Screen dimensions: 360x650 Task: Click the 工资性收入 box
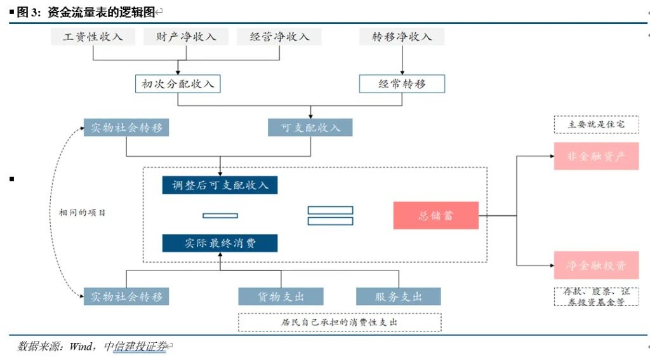[x=93, y=37]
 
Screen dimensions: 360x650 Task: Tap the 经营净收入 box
[x=279, y=37]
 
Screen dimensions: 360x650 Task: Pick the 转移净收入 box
[x=402, y=37]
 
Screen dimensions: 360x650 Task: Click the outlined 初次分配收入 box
[x=178, y=84]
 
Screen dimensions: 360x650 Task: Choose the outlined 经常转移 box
[x=402, y=84]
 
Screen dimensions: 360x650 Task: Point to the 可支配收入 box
[x=310, y=128]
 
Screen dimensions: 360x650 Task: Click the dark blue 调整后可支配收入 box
[x=220, y=185]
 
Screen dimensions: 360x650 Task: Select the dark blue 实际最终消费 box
[x=220, y=243]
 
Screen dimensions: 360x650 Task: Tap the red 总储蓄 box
[x=435, y=216]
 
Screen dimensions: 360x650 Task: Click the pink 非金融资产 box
[x=596, y=156]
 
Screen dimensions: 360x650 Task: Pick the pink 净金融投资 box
[x=596, y=265]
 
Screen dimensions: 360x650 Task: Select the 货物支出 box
[x=281, y=297]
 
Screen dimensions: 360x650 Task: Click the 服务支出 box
[x=399, y=297]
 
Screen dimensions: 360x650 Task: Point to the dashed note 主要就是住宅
[x=596, y=124]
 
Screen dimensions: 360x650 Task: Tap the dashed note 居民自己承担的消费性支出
[x=340, y=323]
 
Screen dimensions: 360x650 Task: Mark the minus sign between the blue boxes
[x=220, y=216]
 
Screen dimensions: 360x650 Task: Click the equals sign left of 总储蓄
[x=330, y=216]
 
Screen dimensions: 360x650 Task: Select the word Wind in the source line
[x=81, y=347]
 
